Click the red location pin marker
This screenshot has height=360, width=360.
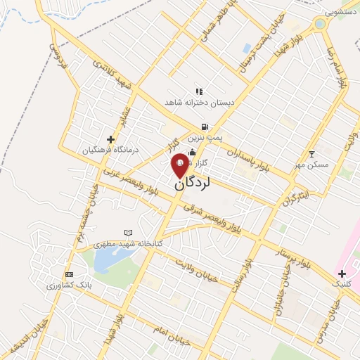(x=180, y=165)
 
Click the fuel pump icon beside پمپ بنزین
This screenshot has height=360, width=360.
(x=204, y=127)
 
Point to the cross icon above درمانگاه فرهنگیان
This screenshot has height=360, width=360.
(x=110, y=139)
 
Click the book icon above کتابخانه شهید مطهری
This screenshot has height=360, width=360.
(x=128, y=232)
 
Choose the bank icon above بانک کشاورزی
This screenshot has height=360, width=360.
(x=68, y=274)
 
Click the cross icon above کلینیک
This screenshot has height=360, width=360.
(x=342, y=273)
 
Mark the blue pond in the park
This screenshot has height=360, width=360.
(x=107, y=261)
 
